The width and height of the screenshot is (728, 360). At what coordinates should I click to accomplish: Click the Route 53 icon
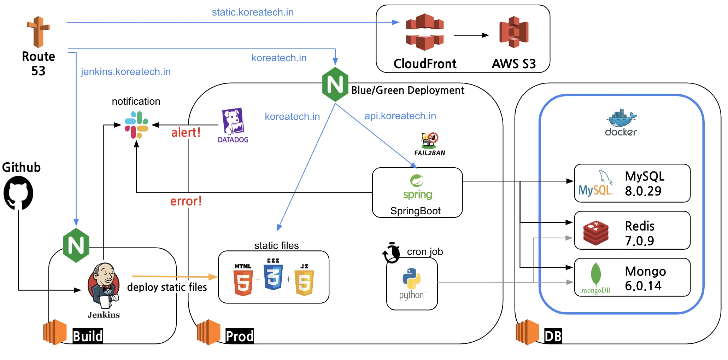coord(38,32)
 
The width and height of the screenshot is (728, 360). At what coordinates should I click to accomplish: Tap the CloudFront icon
coord(424,32)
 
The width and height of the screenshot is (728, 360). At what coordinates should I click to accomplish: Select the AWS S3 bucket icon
coord(513,32)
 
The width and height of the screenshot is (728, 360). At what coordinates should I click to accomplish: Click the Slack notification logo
coord(136,125)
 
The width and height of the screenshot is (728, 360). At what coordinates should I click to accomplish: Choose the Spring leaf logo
coord(417,181)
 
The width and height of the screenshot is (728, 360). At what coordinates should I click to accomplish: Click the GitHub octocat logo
coord(18,193)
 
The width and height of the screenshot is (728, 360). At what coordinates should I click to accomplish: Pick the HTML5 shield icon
coord(243,282)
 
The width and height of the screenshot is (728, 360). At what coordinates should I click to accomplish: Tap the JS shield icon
coord(304,282)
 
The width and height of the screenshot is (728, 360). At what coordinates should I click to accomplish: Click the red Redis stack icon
coord(596,233)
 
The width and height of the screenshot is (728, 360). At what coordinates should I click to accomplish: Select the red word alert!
coord(186,133)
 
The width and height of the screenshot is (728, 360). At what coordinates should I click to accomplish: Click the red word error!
coord(186,201)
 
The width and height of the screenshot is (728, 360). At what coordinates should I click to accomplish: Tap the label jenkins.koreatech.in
coord(126,72)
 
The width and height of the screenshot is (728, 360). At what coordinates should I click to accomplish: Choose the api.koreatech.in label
coord(400,116)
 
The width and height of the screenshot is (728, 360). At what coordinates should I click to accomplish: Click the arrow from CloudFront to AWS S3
coord(471,35)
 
